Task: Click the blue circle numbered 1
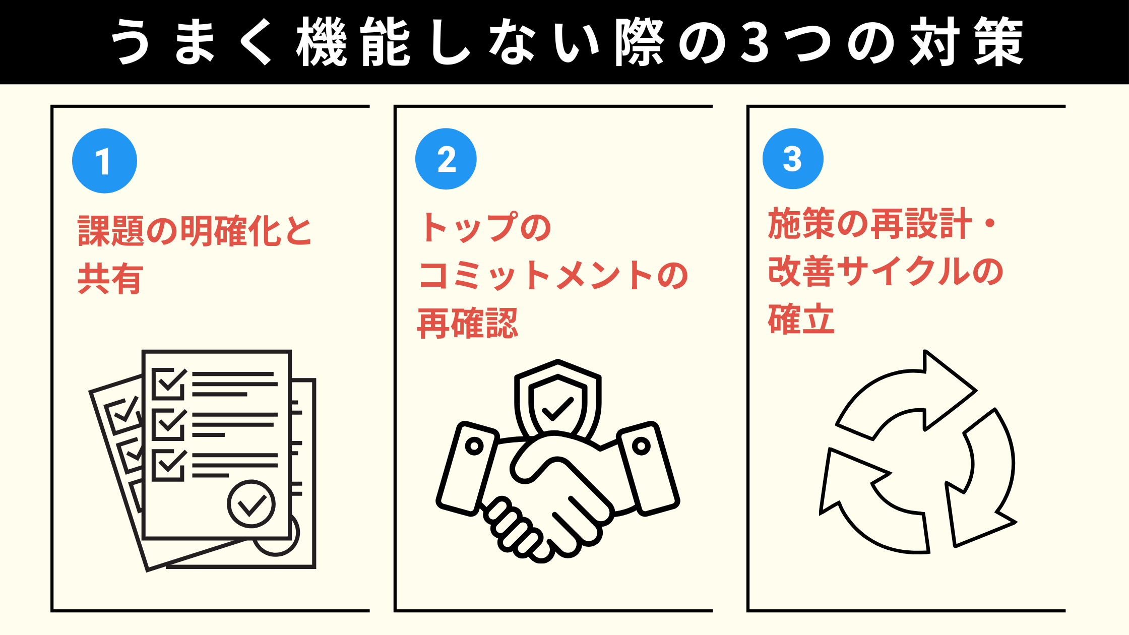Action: tap(104, 161)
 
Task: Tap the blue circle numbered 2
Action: tap(446, 159)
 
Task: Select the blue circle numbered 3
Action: tap(793, 159)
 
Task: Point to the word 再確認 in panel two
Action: tap(468, 324)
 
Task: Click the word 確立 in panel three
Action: tap(801, 319)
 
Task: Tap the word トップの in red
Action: tap(486, 227)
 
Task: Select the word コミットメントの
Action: tap(553, 276)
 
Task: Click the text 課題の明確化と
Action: tap(195, 231)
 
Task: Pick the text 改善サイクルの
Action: tap(886, 272)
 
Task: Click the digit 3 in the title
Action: tap(755, 42)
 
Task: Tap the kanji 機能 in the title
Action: tap(353, 42)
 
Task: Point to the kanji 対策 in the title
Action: tap(967, 42)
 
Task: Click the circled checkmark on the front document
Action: tap(251, 504)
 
